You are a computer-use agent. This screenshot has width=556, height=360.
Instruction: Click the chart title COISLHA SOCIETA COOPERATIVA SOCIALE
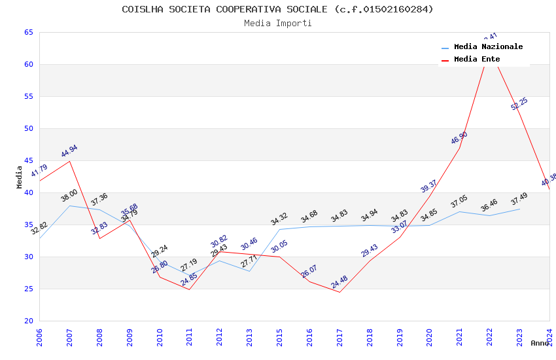pos(277,9)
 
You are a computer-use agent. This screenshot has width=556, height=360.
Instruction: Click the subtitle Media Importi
pos(277,23)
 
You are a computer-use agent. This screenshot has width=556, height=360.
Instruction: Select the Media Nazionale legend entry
pos(488,46)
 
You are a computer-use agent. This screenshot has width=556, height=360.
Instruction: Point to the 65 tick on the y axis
pos(28,32)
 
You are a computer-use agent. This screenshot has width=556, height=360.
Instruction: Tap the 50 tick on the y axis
pos(28,128)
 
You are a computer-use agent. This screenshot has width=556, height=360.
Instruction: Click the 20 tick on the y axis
pos(28,321)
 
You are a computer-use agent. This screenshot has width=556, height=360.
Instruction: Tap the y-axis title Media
pos(20,177)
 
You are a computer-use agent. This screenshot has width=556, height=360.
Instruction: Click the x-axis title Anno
pos(540,343)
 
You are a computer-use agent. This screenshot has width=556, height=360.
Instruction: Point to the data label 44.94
pos(69,151)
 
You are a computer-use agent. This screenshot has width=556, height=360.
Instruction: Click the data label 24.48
pos(339,283)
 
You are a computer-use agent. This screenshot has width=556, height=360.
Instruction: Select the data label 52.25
pos(519,103)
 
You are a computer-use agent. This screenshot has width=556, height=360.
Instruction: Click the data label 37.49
pos(519,199)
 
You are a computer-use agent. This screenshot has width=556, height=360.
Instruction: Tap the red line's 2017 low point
pos(339,292)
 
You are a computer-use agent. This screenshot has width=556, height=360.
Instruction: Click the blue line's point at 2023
pos(519,209)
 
